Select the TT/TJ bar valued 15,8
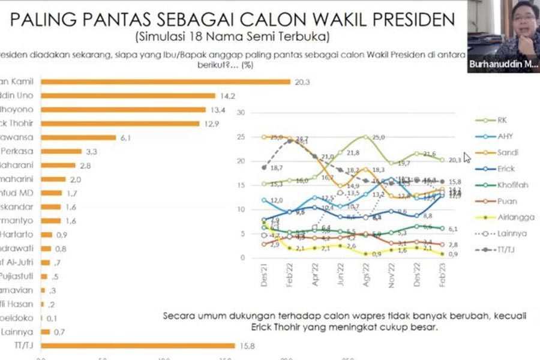pyautogui.click(x=138, y=345)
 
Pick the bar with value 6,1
pyautogui.click(x=78, y=137)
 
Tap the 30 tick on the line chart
pyautogui.click(x=242, y=113)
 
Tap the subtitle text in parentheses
pyautogui.click(x=232, y=37)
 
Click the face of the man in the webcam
pyautogui.click(x=523, y=24)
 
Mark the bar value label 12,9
pyautogui.click(x=212, y=124)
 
